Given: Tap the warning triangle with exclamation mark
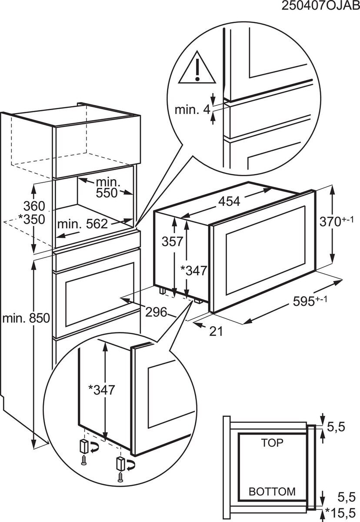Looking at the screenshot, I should pos(197,70).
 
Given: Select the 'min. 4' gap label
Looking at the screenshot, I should pos(192,109).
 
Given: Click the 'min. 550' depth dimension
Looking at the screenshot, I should pos(107,187).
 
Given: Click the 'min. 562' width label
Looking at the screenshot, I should pos(82,224).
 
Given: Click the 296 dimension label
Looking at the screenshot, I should pos(156,311).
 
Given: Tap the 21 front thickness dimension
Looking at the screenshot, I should pos(216,331).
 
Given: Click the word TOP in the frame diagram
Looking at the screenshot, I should pos(272,443).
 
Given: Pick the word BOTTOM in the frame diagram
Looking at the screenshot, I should pos(272,492).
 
